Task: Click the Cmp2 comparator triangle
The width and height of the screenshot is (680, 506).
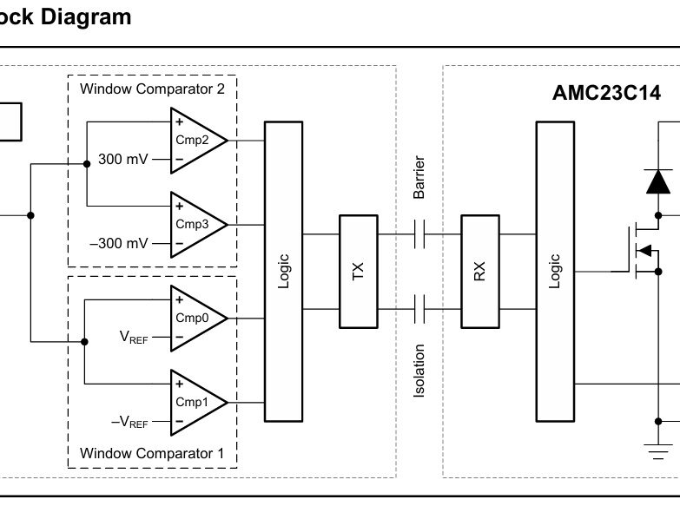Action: (x=195, y=140)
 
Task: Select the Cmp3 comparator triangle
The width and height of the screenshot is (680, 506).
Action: (x=195, y=224)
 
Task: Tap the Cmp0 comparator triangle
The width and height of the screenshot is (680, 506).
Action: (x=195, y=318)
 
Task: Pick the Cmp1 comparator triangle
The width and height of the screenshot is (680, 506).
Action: (x=195, y=402)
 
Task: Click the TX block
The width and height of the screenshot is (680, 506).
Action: (x=358, y=271)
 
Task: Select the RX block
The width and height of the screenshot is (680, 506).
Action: (x=479, y=271)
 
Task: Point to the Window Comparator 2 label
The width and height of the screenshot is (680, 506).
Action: (x=152, y=89)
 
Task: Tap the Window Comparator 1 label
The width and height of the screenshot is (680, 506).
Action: (x=152, y=453)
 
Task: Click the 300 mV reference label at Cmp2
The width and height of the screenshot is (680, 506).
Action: (x=123, y=160)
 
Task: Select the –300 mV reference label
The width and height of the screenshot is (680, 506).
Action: (x=119, y=244)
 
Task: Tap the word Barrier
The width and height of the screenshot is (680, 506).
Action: (x=419, y=178)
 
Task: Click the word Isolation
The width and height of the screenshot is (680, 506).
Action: (x=419, y=371)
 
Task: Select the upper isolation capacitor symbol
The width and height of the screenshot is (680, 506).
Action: (x=419, y=233)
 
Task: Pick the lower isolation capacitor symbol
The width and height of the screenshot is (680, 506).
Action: (x=419, y=308)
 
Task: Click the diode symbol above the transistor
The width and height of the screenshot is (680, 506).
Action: (x=657, y=181)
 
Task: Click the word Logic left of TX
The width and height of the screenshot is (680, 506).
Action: (x=283, y=271)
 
